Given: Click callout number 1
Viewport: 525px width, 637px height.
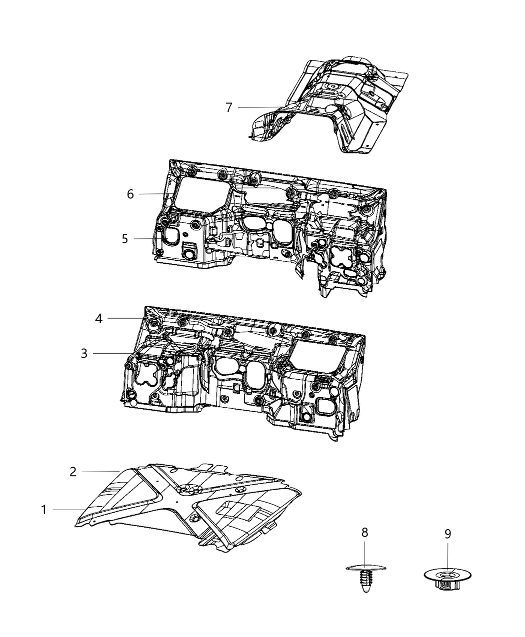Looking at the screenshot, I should click(44, 510).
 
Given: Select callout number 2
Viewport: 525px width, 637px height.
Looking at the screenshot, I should click(73, 472).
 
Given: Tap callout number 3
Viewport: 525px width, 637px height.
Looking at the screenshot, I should click(84, 354).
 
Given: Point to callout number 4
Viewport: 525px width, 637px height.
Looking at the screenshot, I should click(99, 318).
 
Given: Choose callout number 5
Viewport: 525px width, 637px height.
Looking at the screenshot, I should click(124, 239).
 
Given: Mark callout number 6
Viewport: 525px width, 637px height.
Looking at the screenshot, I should click(130, 194).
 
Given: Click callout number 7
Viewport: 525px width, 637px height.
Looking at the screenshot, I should click(229, 107).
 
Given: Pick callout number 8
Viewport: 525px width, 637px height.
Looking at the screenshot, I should click(364, 533).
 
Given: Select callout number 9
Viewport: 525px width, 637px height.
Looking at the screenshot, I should click(447, 534).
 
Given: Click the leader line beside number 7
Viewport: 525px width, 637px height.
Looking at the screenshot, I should click(260, 107).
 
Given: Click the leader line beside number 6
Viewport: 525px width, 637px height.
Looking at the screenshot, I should click(155, 194).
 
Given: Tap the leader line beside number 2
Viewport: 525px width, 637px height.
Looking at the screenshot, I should click(100, 472).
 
